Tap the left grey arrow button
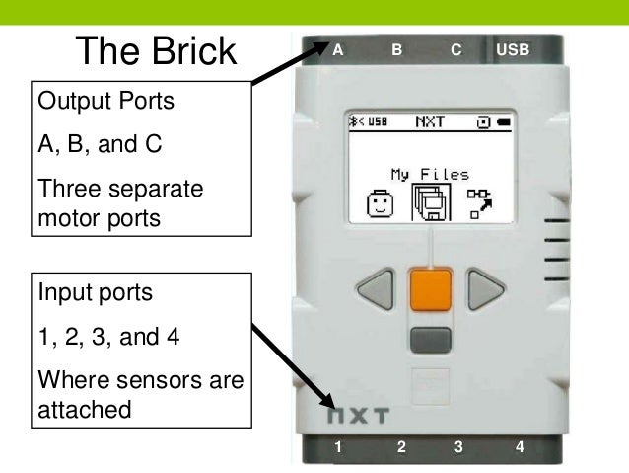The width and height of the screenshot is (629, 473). (x=375, y=289)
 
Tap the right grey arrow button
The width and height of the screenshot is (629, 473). (x=484, y=289)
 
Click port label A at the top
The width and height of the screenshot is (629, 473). (x=338, y=47)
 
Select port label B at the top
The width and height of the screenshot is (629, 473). (x=396, y=47)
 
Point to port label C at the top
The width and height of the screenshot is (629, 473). (x=455, y=47)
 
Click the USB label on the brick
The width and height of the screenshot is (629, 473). (x=512, y=47)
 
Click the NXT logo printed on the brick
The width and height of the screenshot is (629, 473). (x=359, y=415)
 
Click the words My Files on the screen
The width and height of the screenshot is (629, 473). (x=430, y=174)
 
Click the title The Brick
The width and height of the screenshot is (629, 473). (x=157, y=50)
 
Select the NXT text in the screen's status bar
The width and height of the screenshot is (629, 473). (x=430, y=123)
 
